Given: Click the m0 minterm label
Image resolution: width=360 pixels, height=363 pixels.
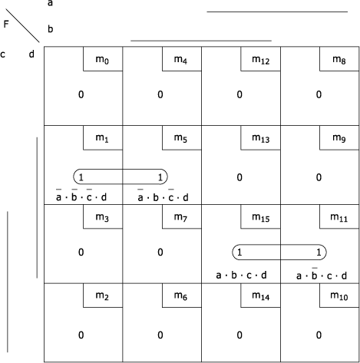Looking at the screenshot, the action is click(x=102, y=60).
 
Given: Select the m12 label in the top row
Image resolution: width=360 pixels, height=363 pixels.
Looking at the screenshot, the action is click(x=261, y=60).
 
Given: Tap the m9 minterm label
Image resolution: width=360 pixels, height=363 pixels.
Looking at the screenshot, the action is click(x=339, y=138).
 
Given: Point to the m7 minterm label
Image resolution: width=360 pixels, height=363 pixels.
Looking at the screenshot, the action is click(x=180, y=217).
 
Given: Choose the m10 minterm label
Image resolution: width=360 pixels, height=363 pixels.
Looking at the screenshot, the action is click(x=339, y=296).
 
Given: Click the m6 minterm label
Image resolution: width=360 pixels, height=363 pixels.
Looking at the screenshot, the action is click(x=180, y=296).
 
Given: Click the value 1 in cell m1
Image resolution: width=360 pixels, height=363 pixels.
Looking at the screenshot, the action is click(x=81, y=177).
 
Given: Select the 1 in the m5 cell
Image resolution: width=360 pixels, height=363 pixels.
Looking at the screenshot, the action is click(x=160, y=177).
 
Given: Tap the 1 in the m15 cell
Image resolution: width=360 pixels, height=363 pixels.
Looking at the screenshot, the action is click(x=239, y=252).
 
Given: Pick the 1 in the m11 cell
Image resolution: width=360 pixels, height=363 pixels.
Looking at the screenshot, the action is click(x=319, y=252).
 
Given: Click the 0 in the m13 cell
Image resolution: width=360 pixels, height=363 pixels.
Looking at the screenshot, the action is click(x=239, y=177).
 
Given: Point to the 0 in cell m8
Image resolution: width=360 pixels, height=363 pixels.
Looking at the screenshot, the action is click(x=319, y=94).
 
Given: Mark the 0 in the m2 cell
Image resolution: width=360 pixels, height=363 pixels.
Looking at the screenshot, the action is click(x=81, y=335).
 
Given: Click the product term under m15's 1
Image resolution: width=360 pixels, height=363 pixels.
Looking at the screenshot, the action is click(x=241, y=276).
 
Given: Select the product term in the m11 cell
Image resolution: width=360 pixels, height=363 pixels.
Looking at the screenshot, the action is click(x=322, y=274).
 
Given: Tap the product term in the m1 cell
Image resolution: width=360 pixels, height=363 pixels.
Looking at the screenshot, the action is click(x=81, y=196).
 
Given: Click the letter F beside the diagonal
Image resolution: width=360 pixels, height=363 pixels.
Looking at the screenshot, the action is click(x=6, y=24).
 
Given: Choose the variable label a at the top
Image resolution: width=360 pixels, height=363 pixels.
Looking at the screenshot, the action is click(x=50, y=3).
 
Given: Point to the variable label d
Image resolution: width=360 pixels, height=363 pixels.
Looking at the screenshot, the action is click(x=31, y=54).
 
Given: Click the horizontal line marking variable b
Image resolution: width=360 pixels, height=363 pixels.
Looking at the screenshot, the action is click(x=201, y=41).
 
